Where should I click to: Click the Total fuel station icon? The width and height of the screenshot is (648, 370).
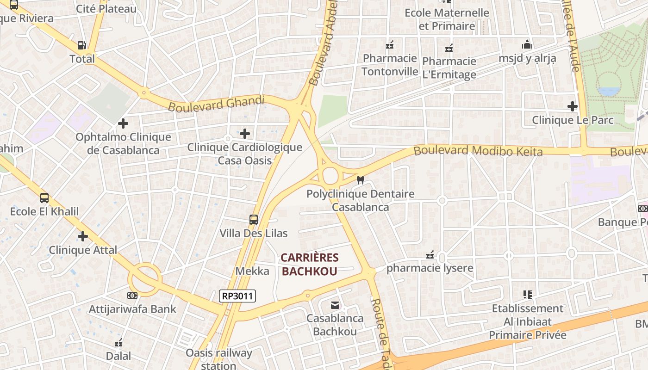(81, 45)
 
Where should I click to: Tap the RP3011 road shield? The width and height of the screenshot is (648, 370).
(237, 296)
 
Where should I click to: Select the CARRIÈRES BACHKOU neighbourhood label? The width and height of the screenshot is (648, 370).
(310, 265)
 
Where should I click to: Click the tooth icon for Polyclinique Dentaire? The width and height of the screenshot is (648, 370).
(361, 180)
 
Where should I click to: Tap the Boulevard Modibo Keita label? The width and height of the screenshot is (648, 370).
(478, 151)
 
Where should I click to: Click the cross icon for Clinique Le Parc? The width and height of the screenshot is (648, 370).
(573, 107)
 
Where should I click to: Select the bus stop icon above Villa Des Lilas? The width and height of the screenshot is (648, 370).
(253, 220)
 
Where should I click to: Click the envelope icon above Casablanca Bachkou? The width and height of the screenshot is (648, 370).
(335, 305)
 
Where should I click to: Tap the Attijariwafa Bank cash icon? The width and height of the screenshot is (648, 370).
(132, 296)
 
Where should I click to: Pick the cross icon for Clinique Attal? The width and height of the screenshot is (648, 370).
(83, 236)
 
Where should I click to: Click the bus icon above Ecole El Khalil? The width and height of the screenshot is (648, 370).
(44, 198)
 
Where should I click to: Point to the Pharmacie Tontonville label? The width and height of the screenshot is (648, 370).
(390, 65)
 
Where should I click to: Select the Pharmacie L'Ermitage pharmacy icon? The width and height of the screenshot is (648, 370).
(449, 48)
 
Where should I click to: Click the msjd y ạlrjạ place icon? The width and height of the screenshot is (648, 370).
(527, 45)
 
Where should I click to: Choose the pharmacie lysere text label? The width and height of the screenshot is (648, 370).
(430, 268)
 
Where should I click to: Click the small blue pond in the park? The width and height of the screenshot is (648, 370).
(608, 91)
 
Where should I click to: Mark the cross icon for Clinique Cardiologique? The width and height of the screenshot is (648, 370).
(245, 134)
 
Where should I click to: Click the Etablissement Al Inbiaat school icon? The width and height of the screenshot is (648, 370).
(527, 294)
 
